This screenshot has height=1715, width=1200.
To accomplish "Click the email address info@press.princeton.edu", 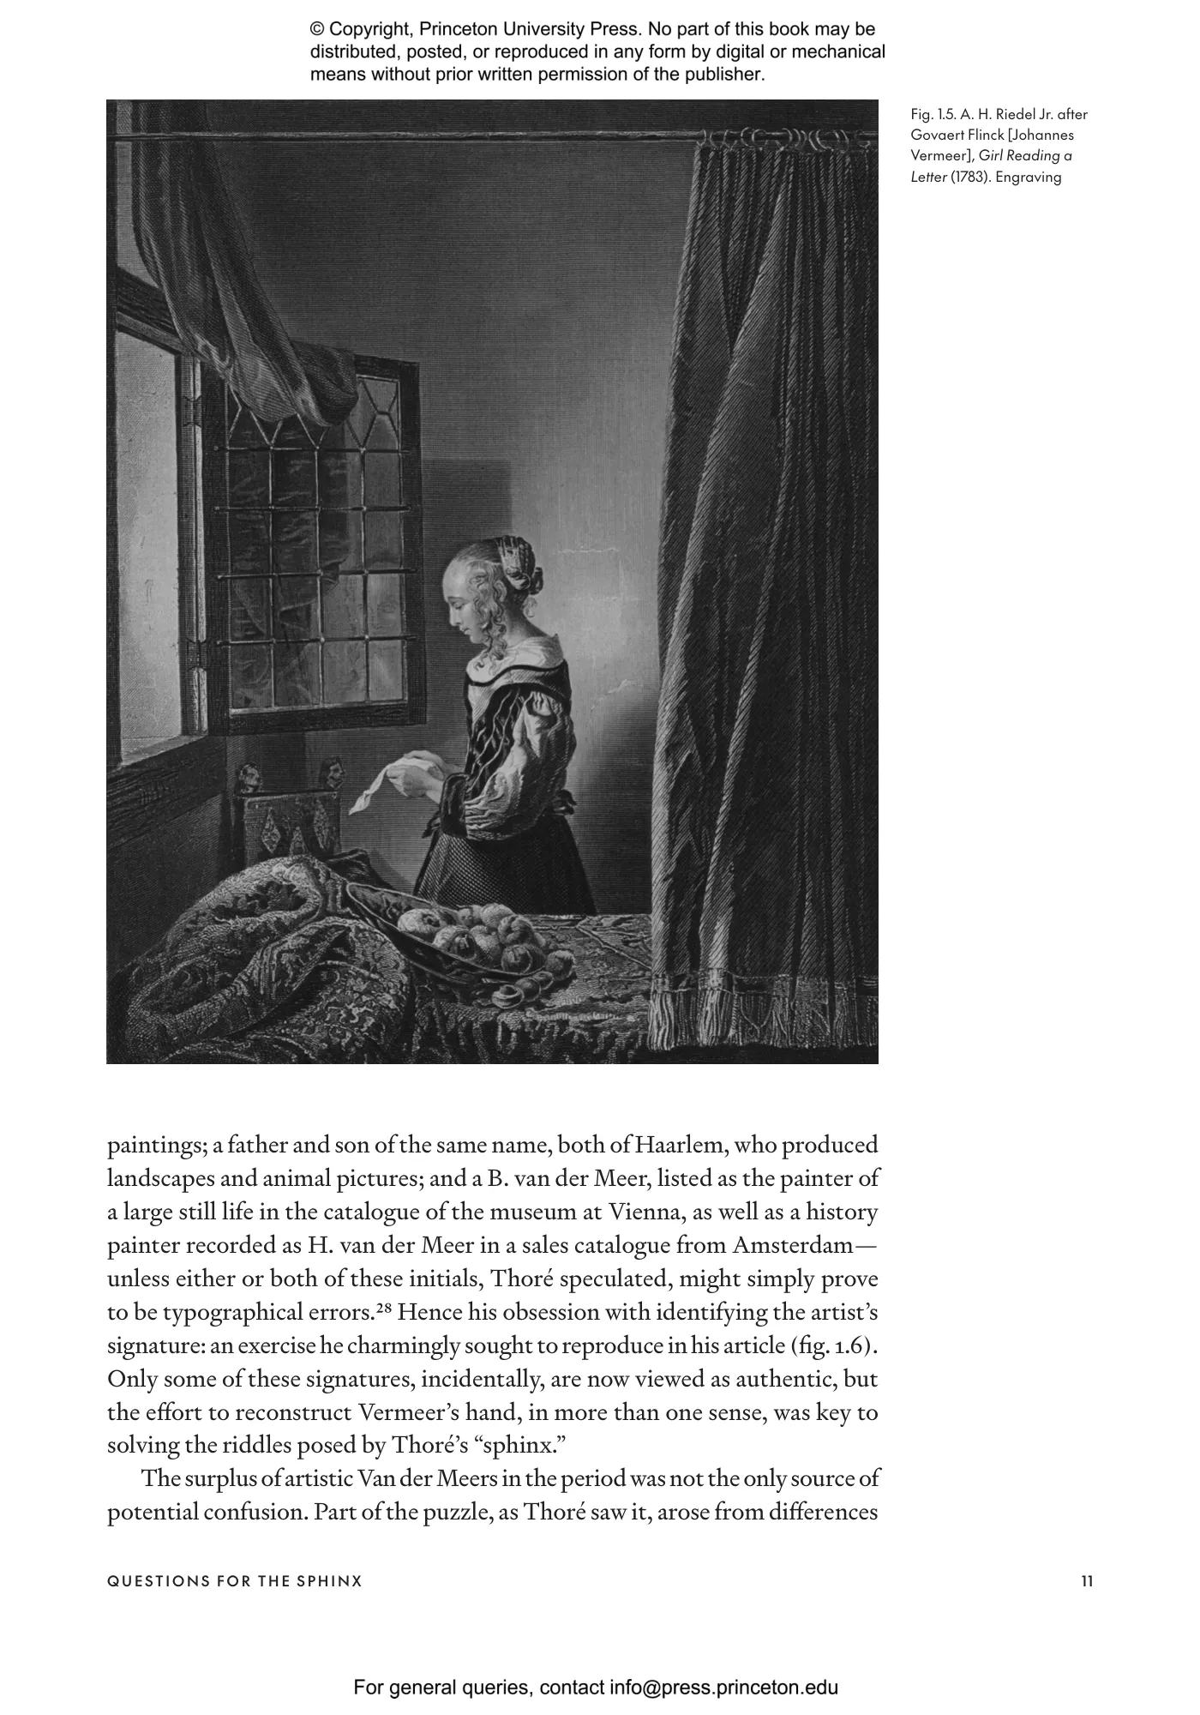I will [724, 1664].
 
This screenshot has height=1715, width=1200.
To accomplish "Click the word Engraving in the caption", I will [1029, 178].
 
